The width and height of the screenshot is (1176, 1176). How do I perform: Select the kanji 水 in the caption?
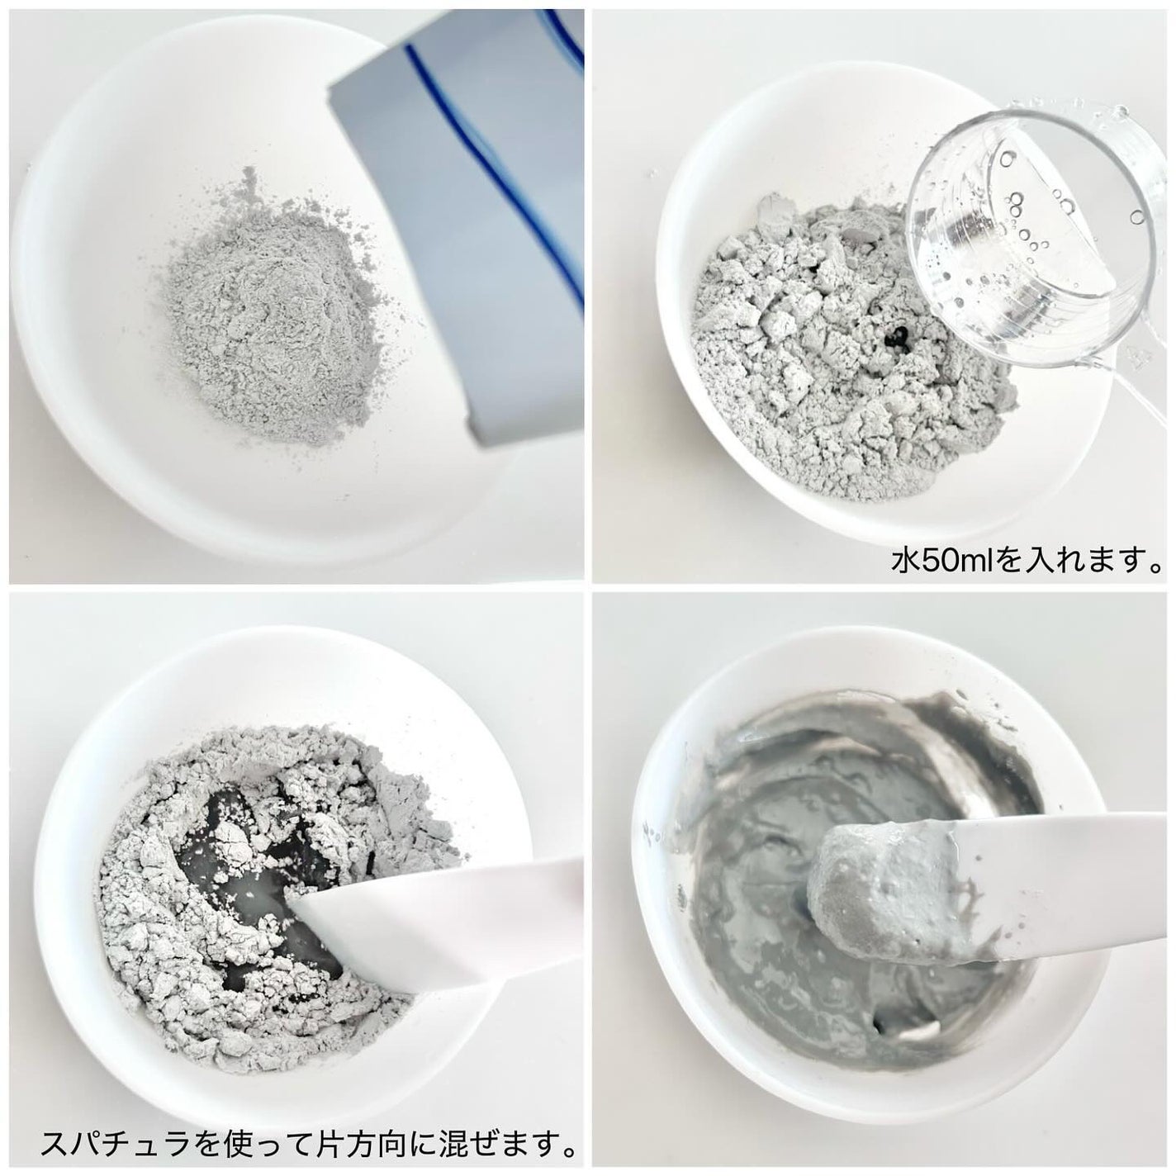pyautogui.click(x=904, y=560)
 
